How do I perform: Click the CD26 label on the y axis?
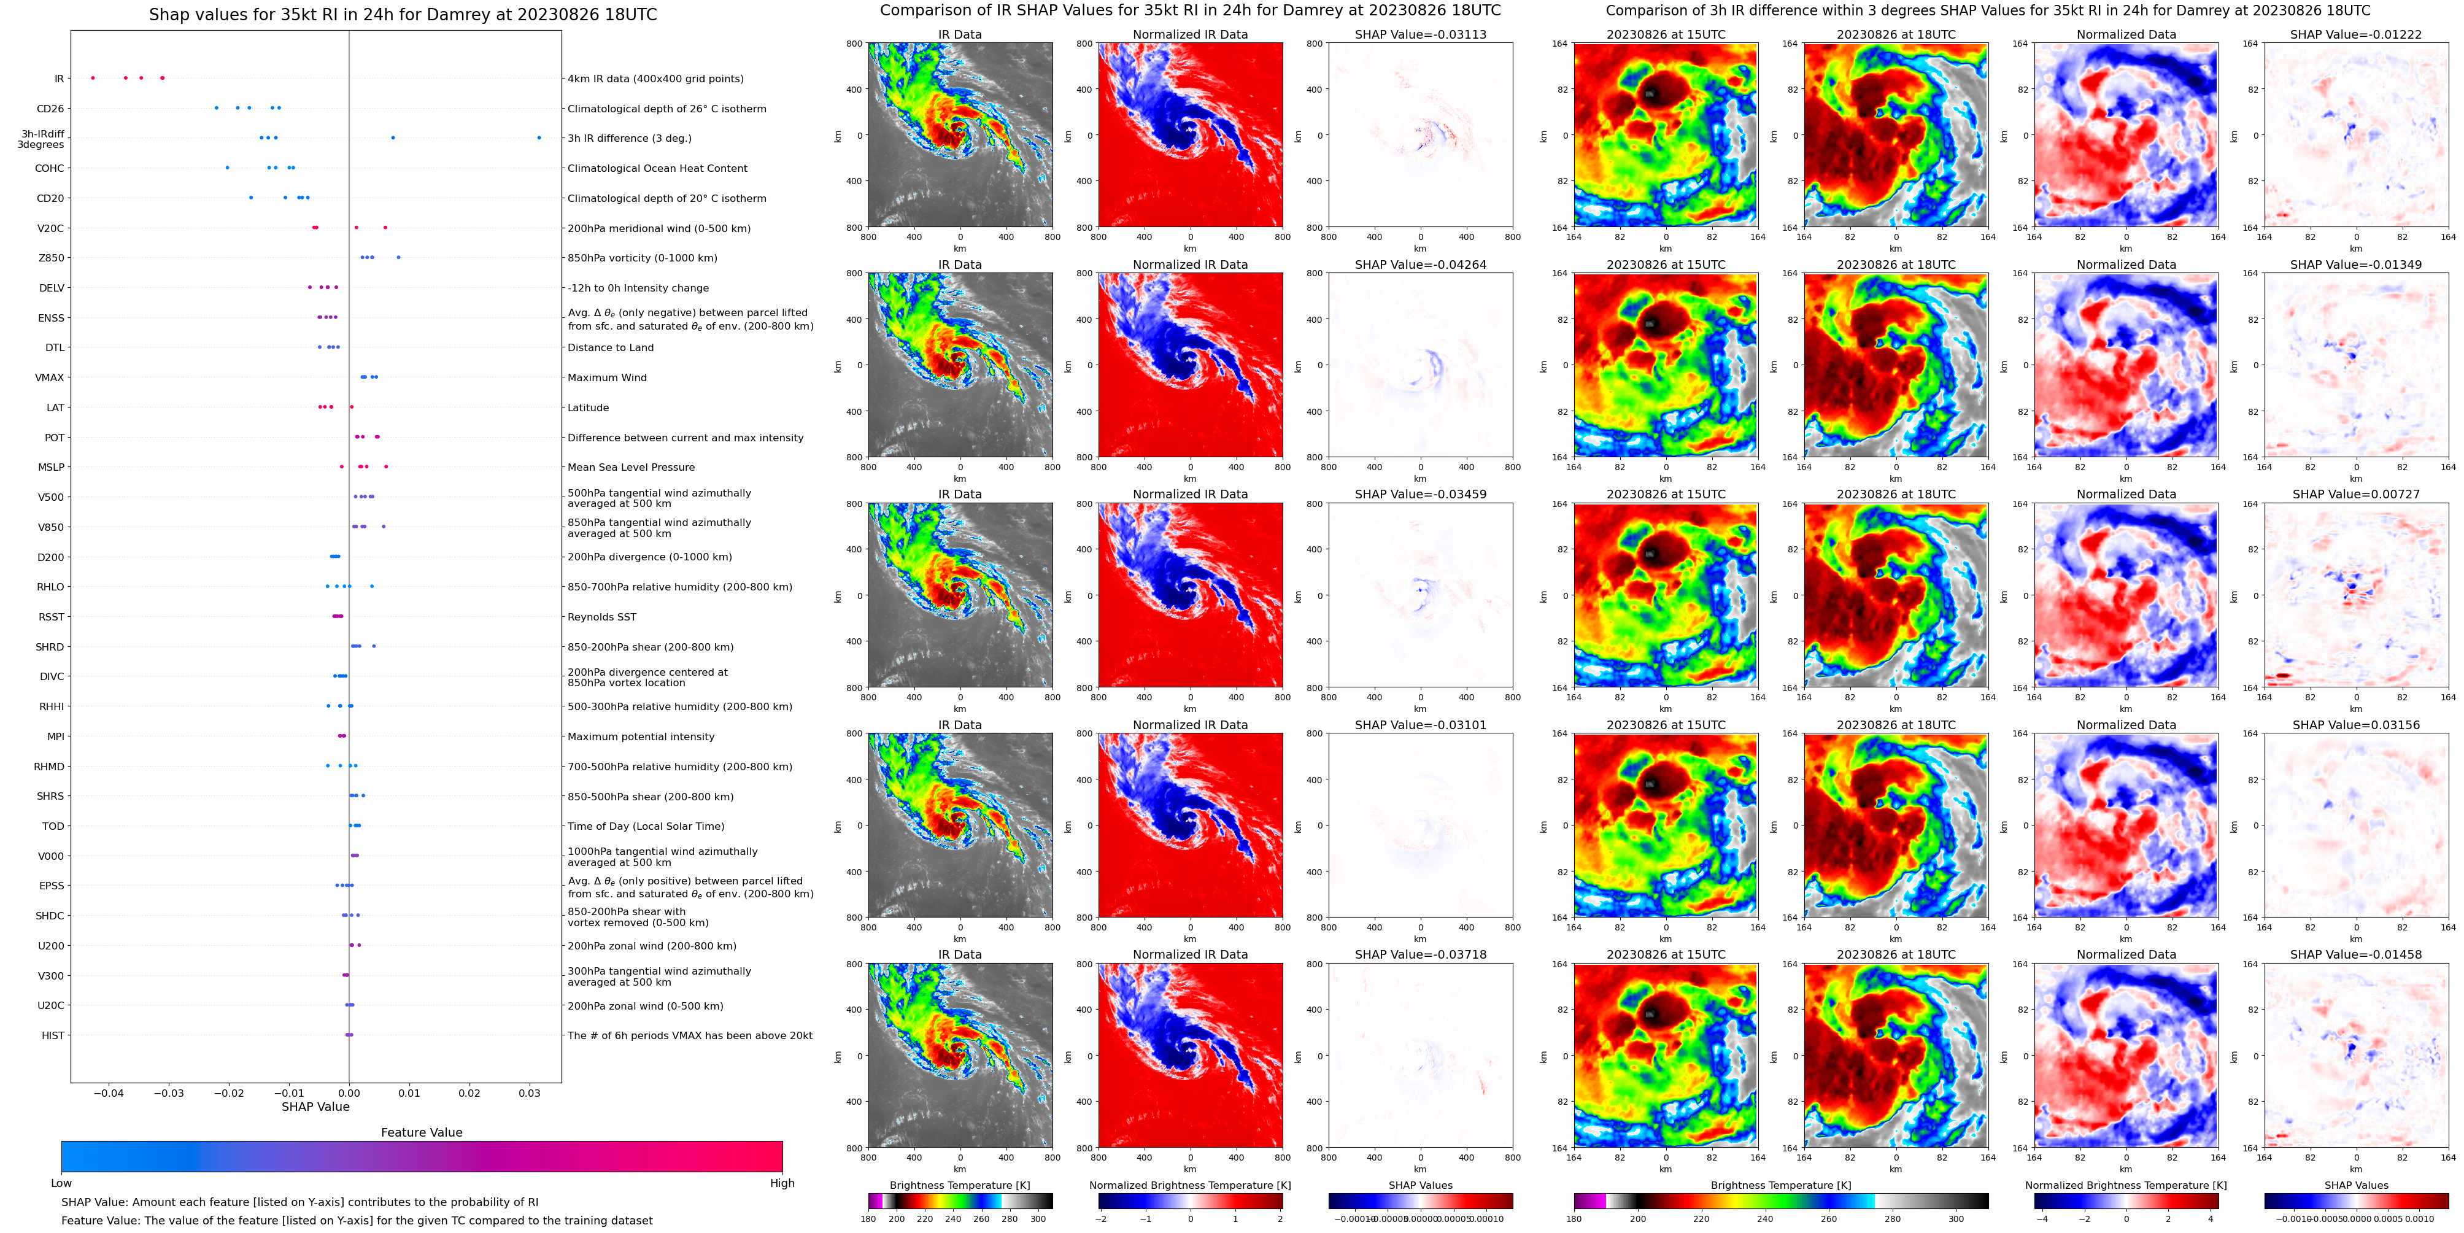50,109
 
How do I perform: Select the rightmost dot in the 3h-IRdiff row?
539,137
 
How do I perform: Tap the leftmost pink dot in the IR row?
93,77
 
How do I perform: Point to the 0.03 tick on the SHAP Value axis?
529,1093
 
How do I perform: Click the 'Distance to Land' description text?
610,348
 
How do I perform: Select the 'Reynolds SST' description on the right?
601,617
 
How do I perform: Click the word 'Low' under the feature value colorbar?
61,1183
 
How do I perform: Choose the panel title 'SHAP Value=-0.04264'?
1421,265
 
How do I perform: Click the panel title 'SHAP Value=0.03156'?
2356,725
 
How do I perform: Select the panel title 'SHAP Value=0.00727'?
2356,495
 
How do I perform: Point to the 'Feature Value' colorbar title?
421,1132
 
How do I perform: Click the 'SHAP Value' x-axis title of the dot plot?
315,1107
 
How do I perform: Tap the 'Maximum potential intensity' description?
641,736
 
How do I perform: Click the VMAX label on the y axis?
50,378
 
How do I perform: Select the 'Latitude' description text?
589,408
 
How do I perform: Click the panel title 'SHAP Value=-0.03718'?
1421,954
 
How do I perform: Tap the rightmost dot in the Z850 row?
398,257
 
